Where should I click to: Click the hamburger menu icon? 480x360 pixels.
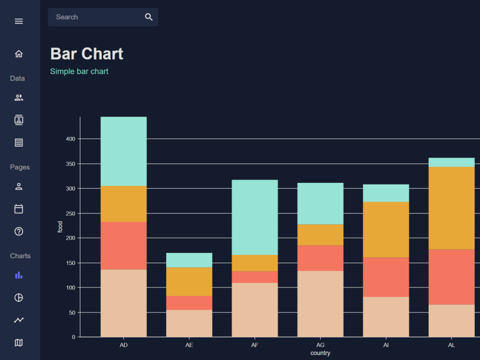point(19,21)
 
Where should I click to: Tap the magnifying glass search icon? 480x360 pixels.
point(149,17)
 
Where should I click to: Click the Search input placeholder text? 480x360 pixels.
point(67,17)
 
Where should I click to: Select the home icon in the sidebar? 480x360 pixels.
point(19,54)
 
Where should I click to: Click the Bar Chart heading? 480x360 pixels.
point(86,54)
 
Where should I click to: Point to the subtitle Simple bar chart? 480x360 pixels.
point(79,72)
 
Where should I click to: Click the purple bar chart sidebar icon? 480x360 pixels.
point(19,275)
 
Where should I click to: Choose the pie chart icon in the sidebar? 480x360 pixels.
point(19,298)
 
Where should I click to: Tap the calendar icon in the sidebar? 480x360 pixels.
point(19,209)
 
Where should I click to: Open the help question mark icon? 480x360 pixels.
point(19,231)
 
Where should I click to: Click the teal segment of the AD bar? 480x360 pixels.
point(124,151)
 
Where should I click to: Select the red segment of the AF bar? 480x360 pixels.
point(255,277)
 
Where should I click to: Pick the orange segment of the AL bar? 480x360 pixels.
point(452,208)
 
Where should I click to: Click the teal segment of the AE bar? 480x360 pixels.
point(189,260)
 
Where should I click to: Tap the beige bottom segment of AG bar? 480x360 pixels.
point(321,304)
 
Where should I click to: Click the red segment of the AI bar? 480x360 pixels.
point(386,277)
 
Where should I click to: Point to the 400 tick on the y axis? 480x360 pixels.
point(71,139)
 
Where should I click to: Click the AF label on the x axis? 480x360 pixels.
point(255,345)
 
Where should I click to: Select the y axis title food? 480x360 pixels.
point(60,227)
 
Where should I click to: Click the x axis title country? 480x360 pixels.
point(320,353)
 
